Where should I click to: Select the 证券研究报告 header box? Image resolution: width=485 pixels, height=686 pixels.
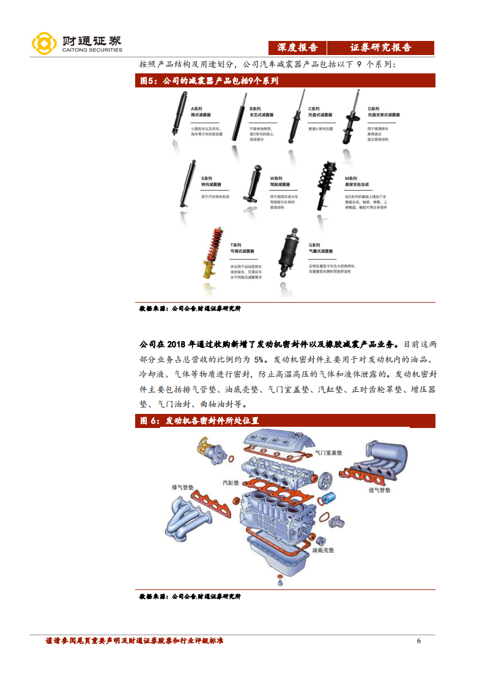tap(380, 48)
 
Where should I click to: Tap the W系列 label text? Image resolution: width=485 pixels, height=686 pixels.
tap(276, 177)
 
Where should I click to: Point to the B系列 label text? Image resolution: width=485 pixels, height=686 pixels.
tap(255, 108)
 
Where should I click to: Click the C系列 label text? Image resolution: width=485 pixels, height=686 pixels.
tap(314, 108)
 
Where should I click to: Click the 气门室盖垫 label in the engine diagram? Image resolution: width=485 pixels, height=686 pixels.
tap(328, 453)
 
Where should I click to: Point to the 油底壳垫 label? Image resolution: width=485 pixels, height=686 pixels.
tap(323, 550)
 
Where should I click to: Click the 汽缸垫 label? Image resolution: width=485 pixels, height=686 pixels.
tap(230, 483)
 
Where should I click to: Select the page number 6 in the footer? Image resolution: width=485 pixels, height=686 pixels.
tap(418, 641)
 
